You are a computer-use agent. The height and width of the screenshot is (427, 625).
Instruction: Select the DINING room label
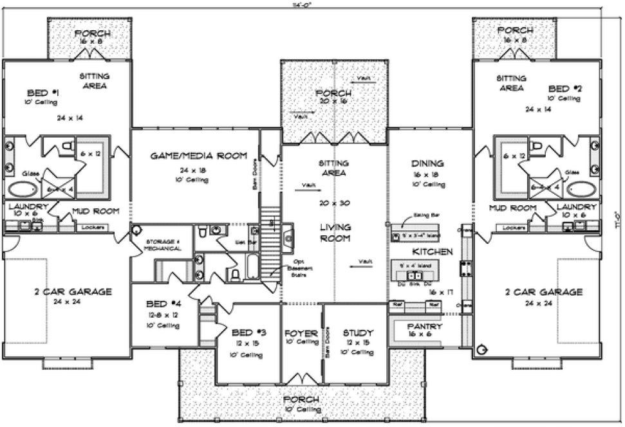(x=427, y=163)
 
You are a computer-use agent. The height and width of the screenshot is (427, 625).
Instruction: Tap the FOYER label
(x=301, y=333)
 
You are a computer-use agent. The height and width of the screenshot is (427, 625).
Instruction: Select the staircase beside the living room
(x=270, y=240)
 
